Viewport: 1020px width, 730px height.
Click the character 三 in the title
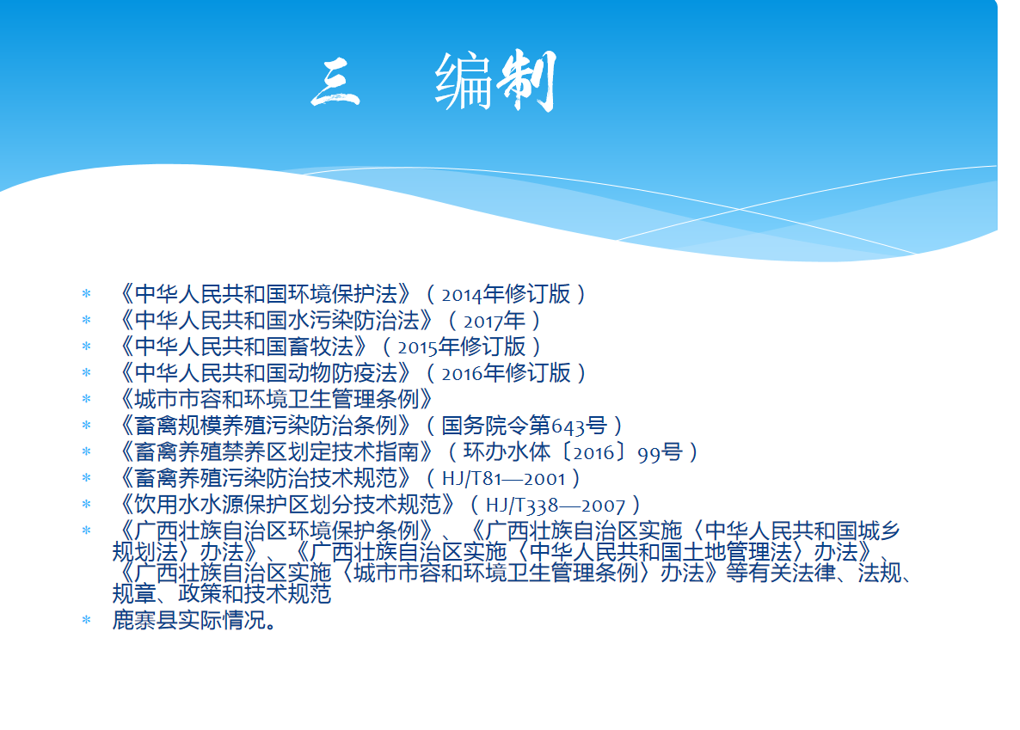point(335,83)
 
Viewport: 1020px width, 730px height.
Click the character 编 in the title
point(464,82)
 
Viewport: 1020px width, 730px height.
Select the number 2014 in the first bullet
point(462,296)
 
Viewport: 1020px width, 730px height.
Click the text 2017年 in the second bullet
point(495,322)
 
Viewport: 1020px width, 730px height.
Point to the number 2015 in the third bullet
point(418,348)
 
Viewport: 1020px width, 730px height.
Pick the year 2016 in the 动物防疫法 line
point(462,374)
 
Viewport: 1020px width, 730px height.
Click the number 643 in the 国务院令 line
point(568,426)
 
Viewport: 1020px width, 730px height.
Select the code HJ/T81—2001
point(503,480)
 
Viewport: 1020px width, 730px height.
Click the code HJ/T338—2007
point(555,506)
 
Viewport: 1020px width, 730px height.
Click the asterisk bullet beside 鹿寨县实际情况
point(87,621)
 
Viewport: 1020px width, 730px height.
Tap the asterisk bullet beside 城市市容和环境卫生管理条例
point(87,399)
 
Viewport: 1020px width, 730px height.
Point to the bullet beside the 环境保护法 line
point(87,294)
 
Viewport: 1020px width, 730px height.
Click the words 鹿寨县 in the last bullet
point(145,620)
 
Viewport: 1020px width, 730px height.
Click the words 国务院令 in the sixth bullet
point(485,426)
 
